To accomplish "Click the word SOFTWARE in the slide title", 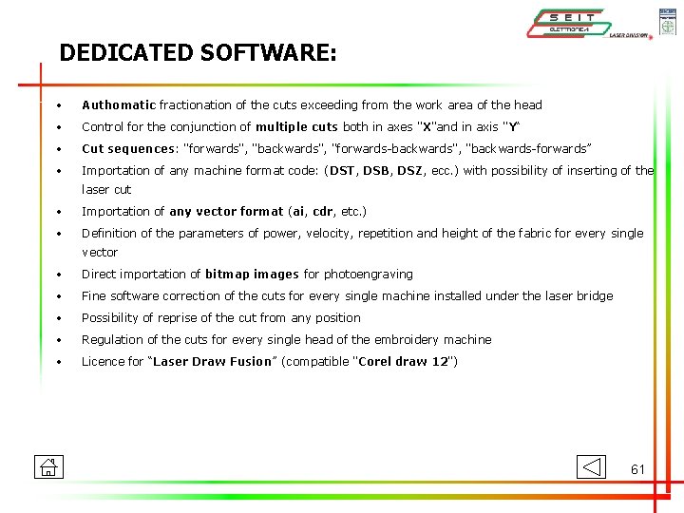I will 269,52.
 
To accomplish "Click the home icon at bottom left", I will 47,466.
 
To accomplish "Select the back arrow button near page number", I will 590,466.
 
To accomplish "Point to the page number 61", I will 637,469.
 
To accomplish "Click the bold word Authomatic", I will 119,105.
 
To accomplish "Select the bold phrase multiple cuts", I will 296,127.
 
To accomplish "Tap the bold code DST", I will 342,171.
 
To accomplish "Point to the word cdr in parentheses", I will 326,212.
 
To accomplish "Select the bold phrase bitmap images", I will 252,275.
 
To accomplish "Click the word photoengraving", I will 368,275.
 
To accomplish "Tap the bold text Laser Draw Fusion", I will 212,362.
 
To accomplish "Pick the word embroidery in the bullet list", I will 400,340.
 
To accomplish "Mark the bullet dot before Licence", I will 59,362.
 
